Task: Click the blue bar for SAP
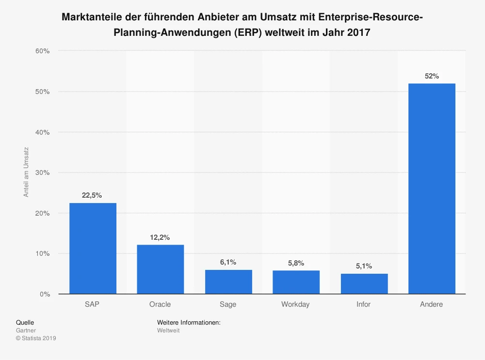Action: pos(93,248)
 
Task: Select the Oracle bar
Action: pos(161,269)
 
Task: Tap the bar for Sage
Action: pos(228,282)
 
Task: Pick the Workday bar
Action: pos(296,282)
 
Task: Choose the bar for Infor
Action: pos(364,283)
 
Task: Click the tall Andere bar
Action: pos(432,188)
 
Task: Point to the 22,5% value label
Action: pos(92,195)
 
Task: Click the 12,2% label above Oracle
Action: pos(161,237)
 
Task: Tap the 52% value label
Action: pos(432,76)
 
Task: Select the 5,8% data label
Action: pos(296,263)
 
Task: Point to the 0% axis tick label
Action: pos(45,294)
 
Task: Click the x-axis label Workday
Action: pos(295,304)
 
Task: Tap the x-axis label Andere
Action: pos(432,304)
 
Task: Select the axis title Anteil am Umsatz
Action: pos(26,172)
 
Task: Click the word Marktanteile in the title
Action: pos(91,18)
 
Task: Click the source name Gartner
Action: pos(26,330)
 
